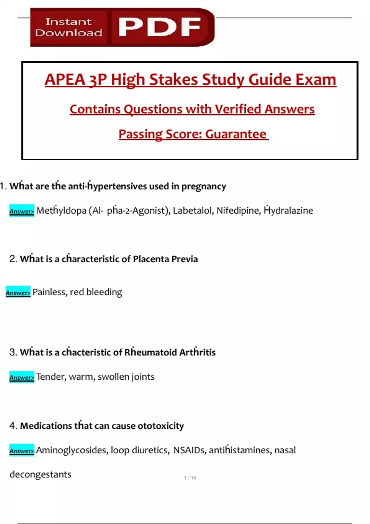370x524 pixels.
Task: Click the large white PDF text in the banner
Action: pos(159,27)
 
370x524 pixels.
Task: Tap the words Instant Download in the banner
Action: pos(68,27)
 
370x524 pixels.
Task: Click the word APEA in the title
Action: pos(65,80)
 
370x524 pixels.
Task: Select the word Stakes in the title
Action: pos(174,80)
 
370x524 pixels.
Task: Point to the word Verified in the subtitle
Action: pos(238,109)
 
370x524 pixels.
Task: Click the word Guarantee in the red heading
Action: pos(236,134)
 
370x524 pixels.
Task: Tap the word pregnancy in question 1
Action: pos(203,186)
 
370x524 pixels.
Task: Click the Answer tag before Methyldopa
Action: pos(22,211)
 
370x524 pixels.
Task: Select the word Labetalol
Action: pos(192,211)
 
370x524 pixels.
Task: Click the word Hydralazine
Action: pos(288,211)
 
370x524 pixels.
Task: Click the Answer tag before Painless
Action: pos(18,293)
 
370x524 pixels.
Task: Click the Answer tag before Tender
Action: pos(22,377)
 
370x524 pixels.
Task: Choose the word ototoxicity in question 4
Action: pos(160,426)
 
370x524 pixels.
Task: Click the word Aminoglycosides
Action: pos(72,450)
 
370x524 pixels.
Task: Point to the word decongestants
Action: pos(40,474)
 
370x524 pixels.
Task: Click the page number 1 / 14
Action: pos(190,478)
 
